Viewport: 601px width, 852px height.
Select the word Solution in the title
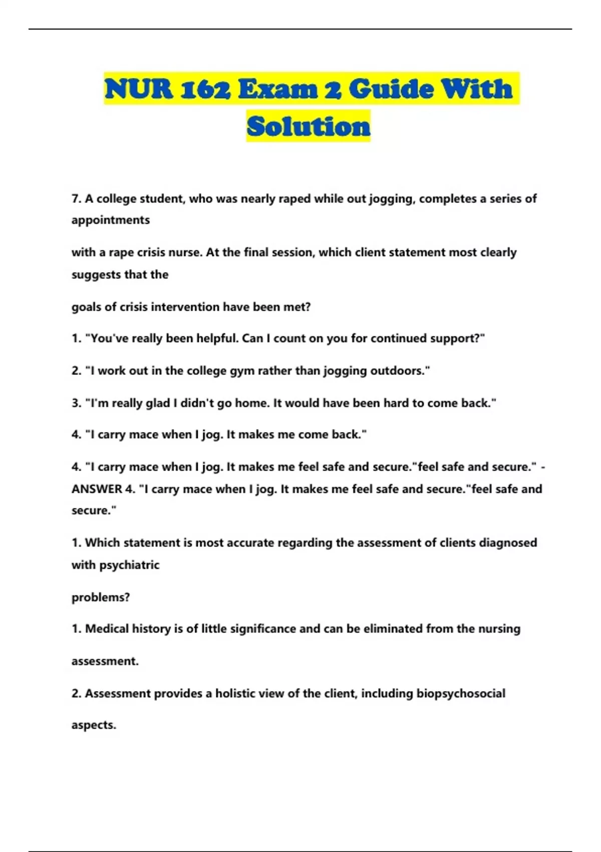pos(309,126)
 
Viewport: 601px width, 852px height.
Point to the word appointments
pos(111,220)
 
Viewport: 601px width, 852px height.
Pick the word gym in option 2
pos(241,371)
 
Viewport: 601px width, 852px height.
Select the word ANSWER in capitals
pos(97,489)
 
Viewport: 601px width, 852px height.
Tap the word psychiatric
pos(129,565)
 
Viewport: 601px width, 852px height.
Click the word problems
pos(101,597)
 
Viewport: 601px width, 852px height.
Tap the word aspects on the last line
pos(94,725)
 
